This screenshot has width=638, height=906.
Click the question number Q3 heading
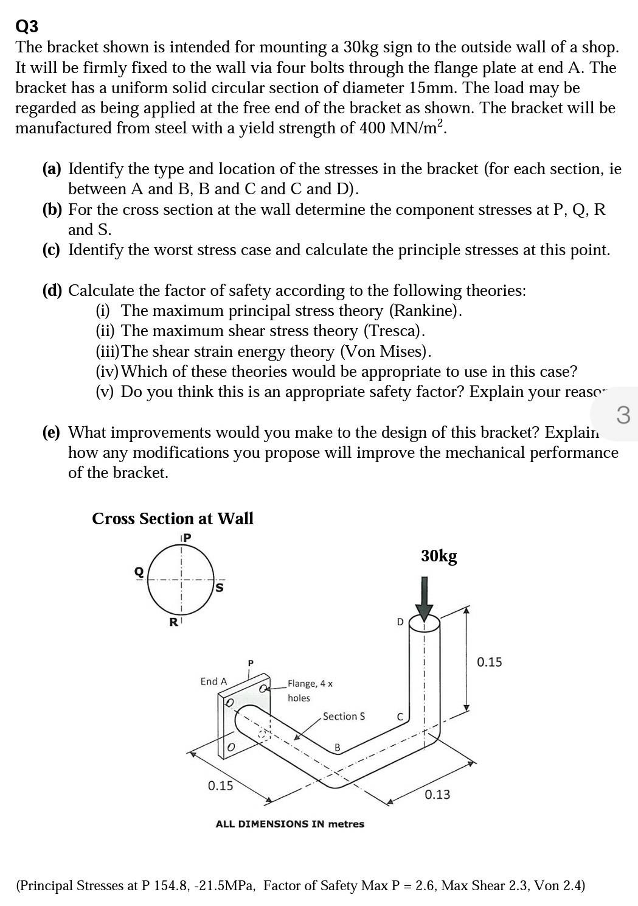click(27, 27)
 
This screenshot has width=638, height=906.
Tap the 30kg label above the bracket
click(439, 556)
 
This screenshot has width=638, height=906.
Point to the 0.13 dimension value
click(437, 795)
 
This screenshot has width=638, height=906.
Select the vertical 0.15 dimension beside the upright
click(489, 662)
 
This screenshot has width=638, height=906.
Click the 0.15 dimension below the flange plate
click(220, 785)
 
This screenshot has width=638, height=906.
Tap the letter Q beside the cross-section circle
click(139, 572)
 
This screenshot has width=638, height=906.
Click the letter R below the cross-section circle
click(173, 622)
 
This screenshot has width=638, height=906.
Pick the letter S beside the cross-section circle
click(220, 588)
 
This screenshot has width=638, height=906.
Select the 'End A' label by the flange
click(213, 681)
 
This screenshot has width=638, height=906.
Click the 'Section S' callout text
click(344, 716)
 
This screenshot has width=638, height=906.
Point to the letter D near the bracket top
click(400, 622)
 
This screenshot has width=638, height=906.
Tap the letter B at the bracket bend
click(338, 747)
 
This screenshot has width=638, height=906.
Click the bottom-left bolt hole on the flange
click(231, 747)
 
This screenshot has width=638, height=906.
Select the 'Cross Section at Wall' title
click(173, 519)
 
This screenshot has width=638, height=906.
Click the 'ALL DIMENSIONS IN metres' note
click(290, 824)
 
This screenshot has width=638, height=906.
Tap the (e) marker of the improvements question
click(52, 432)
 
